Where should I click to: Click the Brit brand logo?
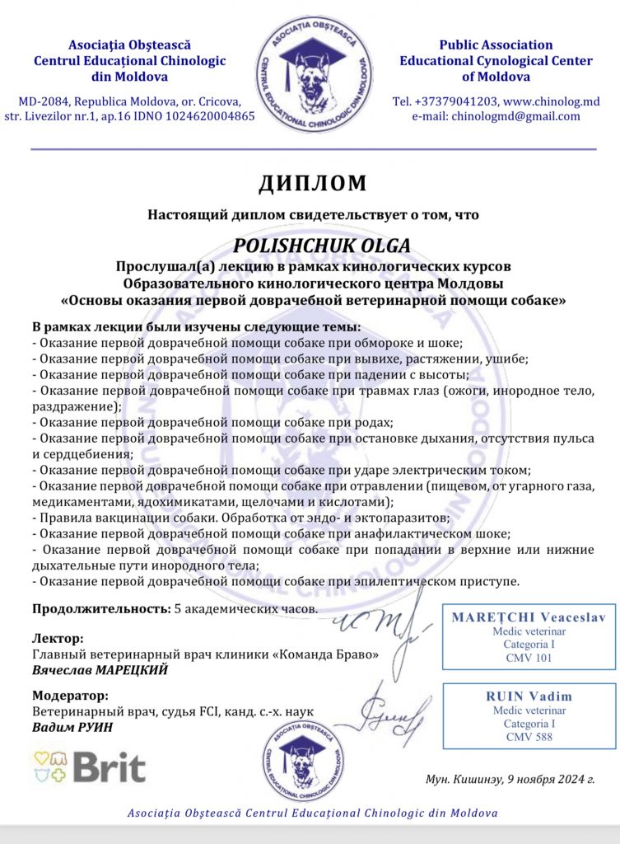pos(90,766)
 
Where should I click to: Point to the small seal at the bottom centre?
pos(310,766)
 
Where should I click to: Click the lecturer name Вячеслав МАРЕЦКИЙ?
pos(100,670)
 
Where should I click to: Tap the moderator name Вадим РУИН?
pos(72,728)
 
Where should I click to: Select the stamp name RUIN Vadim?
pos(529,696)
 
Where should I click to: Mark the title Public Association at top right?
pos(496,45)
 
